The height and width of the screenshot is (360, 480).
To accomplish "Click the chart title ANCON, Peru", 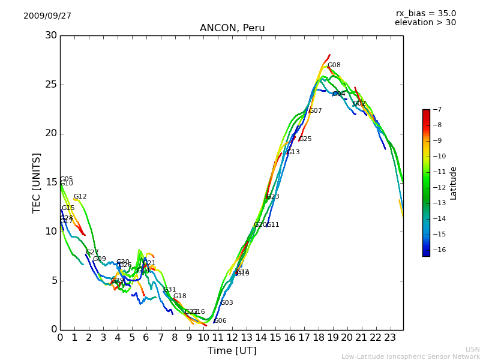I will (x=232, y=28).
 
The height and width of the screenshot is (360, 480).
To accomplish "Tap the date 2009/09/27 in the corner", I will (x=47, y=16).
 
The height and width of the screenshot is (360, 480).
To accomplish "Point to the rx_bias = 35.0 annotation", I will (x=425, y=14).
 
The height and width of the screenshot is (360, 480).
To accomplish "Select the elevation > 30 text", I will (x=425, y=23).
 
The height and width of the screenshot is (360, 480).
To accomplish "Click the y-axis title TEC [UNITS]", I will (x=37, y=182).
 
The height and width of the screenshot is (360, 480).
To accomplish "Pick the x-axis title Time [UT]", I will (x=232, y=351).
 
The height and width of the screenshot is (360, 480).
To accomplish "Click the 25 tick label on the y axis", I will (x=51, y=85).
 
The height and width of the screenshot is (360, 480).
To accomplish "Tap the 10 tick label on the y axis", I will (x=51, y=232).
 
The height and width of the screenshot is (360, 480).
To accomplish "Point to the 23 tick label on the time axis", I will (x=389, y=338).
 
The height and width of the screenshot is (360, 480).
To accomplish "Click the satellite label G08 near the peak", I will (x=334, y=65).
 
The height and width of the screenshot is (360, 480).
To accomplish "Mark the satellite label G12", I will (x=80, y=197).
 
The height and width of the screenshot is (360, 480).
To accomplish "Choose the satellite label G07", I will (x=316, y=111).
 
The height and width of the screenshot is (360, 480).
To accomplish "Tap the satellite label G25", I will (x=305, y=139).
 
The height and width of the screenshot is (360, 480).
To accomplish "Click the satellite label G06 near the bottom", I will (x=220, y=321).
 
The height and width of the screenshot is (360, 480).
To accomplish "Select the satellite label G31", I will (x=170, y=290).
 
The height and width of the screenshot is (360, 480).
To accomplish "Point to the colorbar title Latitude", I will (x=454, y=183).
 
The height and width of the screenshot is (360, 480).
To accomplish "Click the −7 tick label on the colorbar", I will (x=436, y=110).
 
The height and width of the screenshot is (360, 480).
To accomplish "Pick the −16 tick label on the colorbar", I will (x=438, y=250).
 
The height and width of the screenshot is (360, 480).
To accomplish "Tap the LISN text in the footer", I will (x=472, y=349).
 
